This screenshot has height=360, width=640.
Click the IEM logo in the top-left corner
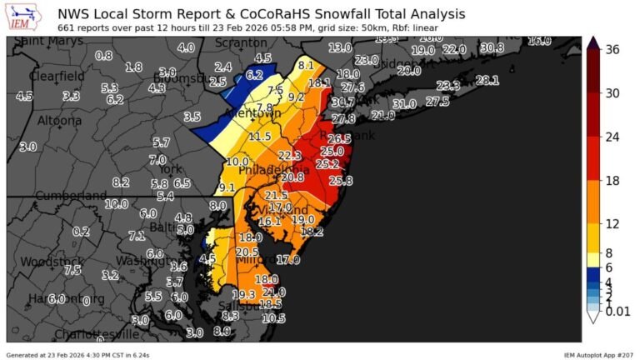tap(25, 16)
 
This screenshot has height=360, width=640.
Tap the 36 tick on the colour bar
tap(612, 50)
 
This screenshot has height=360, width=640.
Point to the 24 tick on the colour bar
tap(612, 137)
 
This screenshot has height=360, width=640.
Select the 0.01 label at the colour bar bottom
tap(617, 311)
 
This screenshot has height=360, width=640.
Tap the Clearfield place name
tap(57, 76)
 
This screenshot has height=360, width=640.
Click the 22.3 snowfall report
tap(289, 156)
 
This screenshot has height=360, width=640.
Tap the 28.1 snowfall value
tap(487, 81)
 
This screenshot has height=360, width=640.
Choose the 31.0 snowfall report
tap(404, 104)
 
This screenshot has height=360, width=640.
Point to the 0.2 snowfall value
tap(81, 232)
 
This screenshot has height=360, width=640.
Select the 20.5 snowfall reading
tap(247, 252)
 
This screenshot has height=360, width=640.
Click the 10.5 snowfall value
tap(273, 318)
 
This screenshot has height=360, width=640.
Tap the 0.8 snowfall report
tap(103, 56)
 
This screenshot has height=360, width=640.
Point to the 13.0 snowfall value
tap(339, 48)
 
